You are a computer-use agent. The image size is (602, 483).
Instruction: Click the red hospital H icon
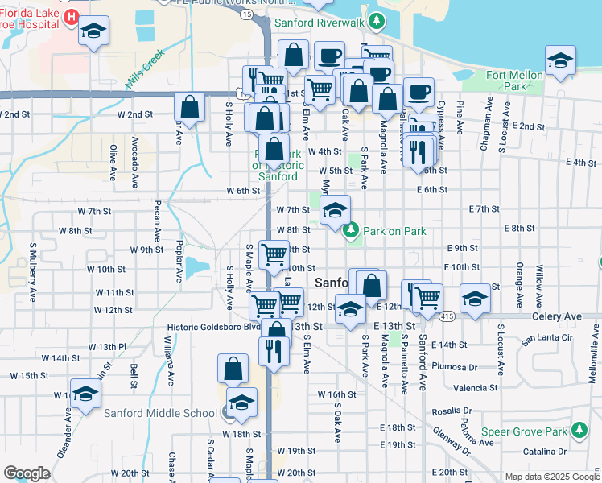(x=70, y=17)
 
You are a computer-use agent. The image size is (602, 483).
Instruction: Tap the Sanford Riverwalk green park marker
(x=376, y=20)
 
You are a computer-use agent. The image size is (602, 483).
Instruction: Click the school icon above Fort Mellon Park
(x=560, y=59)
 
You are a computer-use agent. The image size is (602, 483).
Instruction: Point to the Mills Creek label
(x=145, y=69)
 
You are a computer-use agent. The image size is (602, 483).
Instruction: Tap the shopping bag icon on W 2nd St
(x=189, y=107)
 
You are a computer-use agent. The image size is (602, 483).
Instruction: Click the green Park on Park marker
(x=350, y=231)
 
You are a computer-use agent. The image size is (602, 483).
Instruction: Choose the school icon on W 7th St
(x=335, y=212)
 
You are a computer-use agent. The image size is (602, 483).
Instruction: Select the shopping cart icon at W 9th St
(x=274, y=254)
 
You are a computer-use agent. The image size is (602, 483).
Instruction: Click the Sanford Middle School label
(x=160, y=414)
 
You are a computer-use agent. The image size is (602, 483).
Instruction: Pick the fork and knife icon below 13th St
(x=274, y=350)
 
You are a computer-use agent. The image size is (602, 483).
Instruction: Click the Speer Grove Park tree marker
(x=577, y=431)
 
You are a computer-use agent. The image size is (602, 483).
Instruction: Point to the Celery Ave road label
(x=556, y=317)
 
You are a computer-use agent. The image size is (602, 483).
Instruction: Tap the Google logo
(x=26, y=473)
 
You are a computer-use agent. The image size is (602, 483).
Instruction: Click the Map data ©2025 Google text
(x=551, y=477)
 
